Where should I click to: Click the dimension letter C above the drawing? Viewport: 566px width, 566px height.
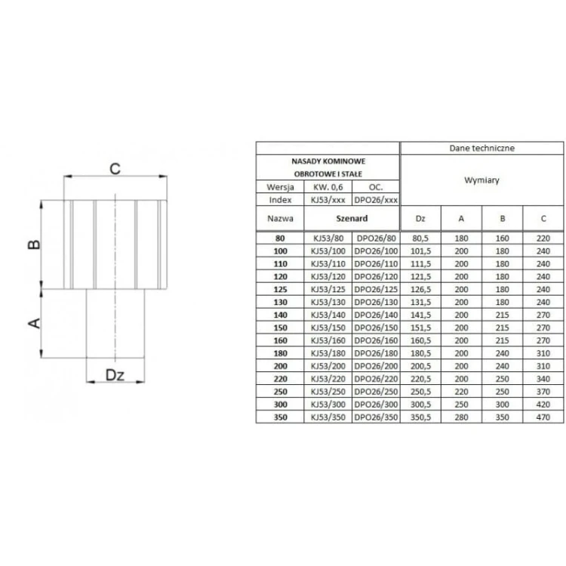(115, 168)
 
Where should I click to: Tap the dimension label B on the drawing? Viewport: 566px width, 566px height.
(34, 245)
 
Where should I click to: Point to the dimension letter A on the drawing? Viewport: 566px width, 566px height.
(34, 323)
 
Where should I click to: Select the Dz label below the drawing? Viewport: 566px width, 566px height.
(115, 375)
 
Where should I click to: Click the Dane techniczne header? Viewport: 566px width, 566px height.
(482, 148)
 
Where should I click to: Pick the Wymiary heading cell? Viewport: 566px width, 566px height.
(482, 180)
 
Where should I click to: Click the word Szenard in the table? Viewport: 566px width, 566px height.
(352, 218)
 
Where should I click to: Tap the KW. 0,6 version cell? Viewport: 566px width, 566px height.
(328, 187)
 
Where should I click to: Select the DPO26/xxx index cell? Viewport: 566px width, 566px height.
(376, 200)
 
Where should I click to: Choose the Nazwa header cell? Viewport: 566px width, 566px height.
(280, 218)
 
